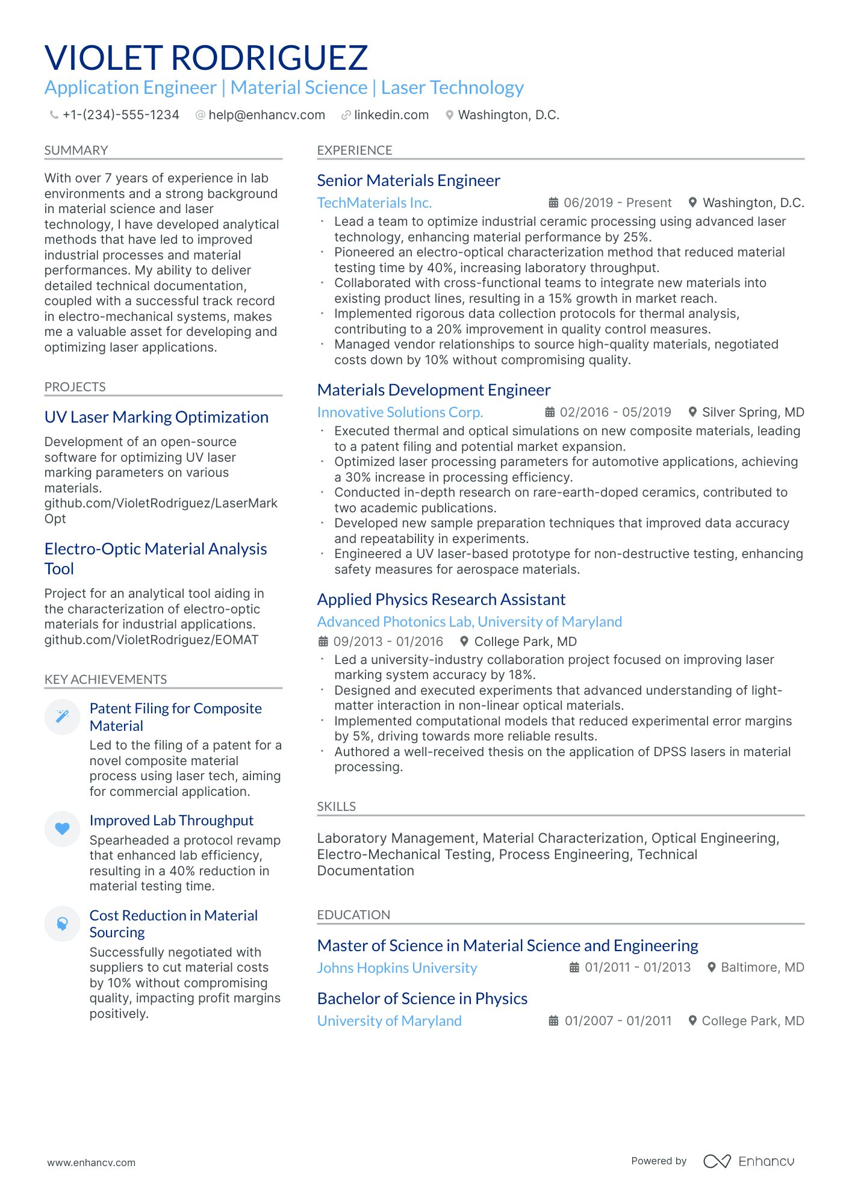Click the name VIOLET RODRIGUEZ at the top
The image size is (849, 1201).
point(206,58)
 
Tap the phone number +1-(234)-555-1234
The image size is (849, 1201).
point(120,115)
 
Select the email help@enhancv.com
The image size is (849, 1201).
point(266,115)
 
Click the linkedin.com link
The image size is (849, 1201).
point(391,115)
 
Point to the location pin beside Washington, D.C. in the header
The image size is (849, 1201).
point(449,115)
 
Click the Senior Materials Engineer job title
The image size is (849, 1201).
point(408,181)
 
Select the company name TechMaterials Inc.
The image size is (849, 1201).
point(374,203)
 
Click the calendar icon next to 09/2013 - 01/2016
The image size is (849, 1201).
point(323,642)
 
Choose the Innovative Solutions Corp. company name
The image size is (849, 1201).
point(400,412)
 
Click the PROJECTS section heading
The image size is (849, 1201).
point(75,387)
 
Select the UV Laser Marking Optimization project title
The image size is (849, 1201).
point(156,417)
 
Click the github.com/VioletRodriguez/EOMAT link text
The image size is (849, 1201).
point(151,640)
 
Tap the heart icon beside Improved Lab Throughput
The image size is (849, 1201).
point(62,829)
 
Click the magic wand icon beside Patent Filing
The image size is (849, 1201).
point(62,716)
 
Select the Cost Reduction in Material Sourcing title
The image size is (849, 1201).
point(173,923)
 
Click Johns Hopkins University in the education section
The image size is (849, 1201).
point(397,968)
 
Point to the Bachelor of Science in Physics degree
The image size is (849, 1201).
point(422,999)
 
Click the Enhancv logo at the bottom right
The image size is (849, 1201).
point(748,1161)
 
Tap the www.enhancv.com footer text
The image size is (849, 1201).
point(92,1162)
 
